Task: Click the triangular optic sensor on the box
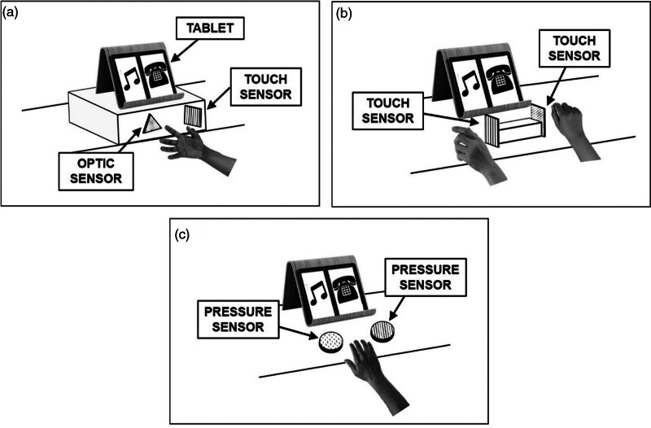[151, 125]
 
